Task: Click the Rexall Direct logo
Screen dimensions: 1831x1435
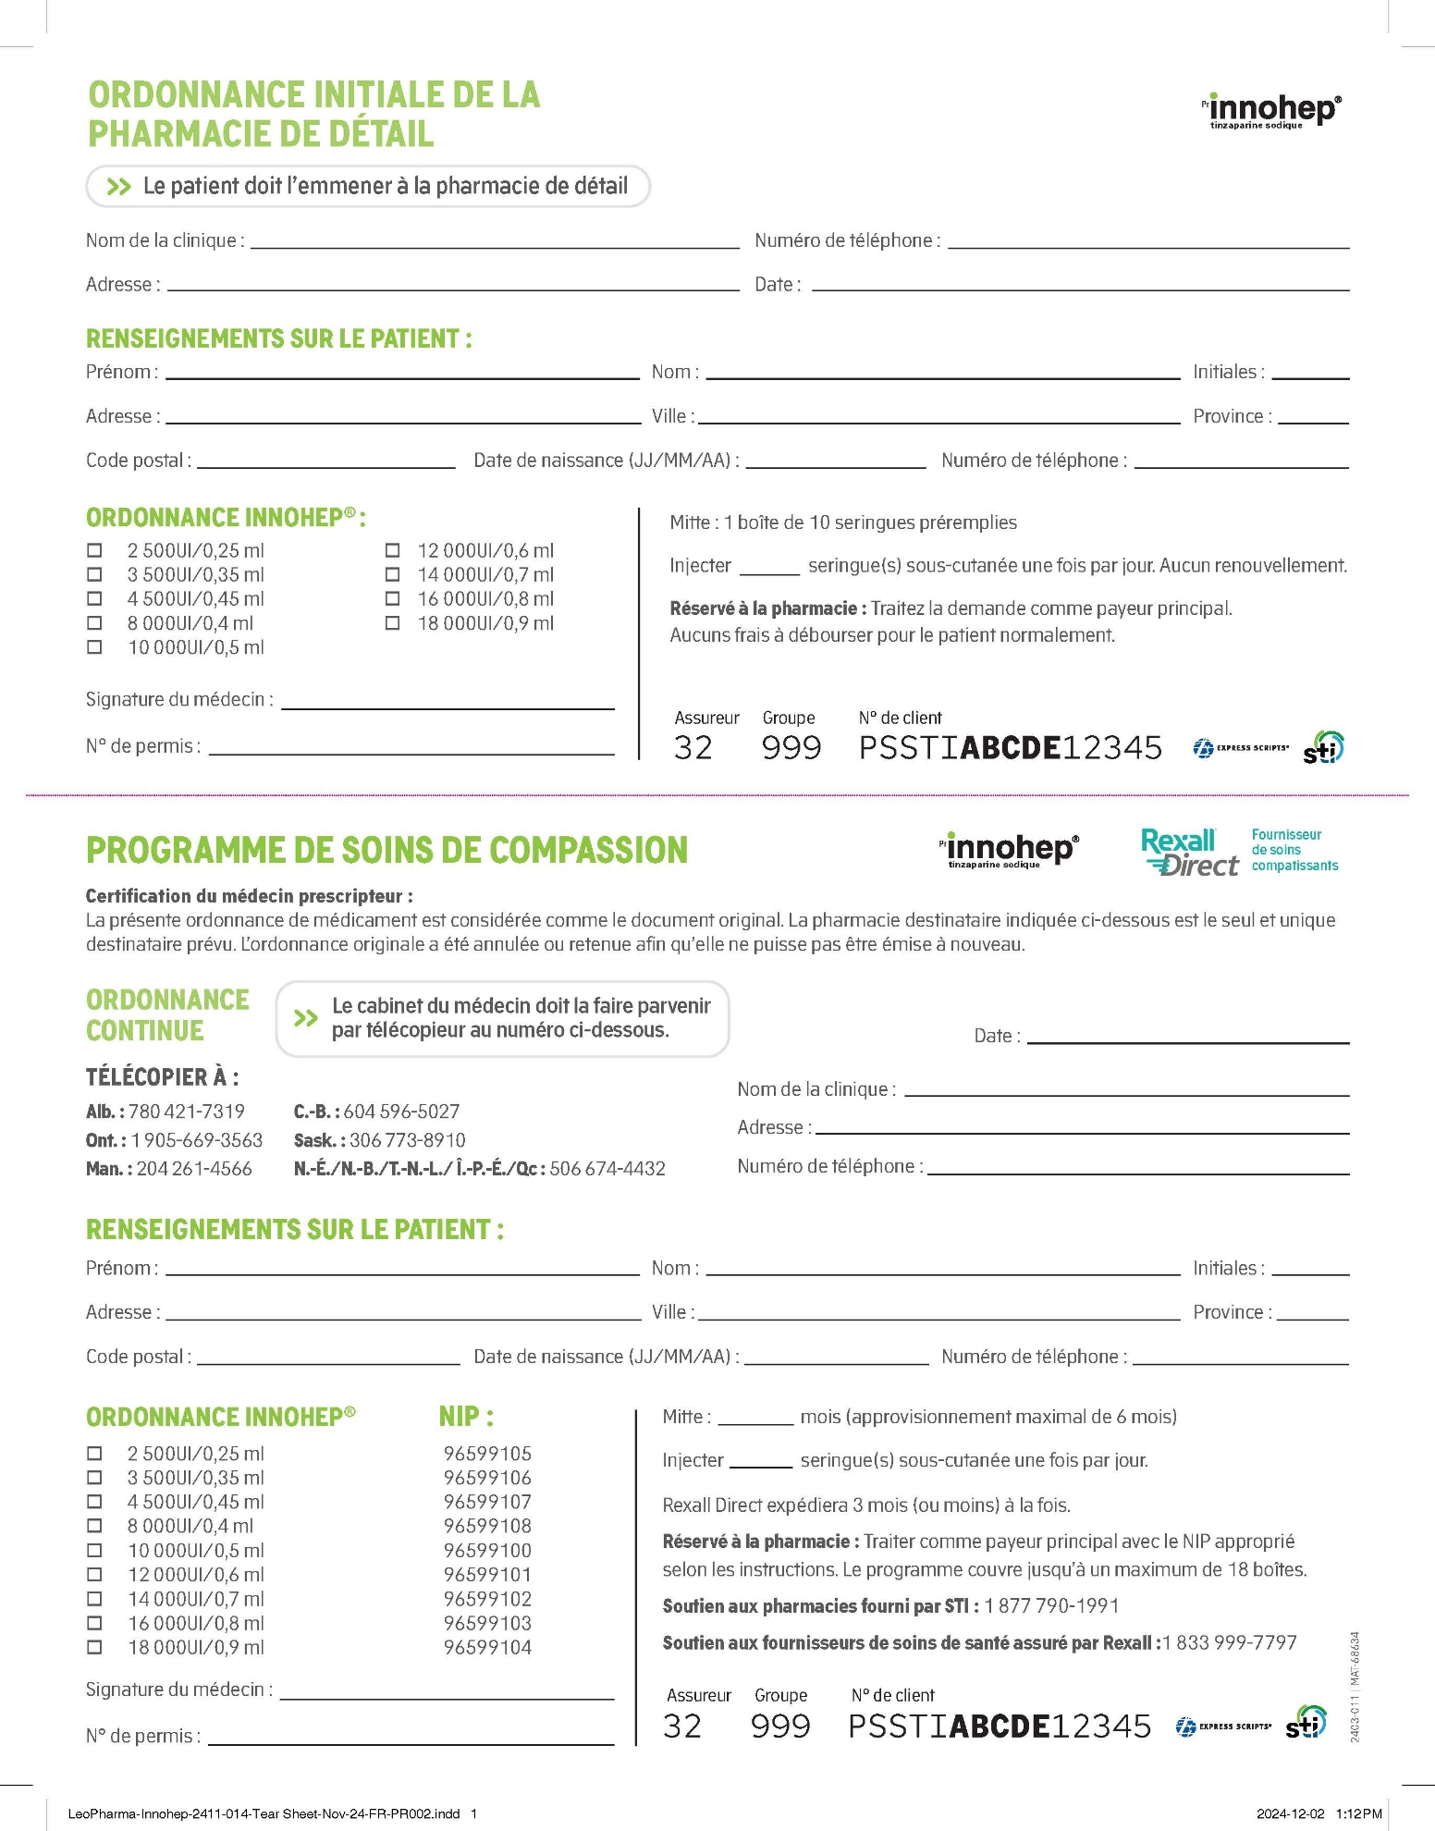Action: tap(1189, 852)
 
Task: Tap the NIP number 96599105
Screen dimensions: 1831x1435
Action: tap(487, 1453)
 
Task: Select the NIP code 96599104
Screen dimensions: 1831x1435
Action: tap(487, 1647)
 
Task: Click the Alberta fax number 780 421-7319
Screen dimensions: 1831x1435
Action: tap(186, 1112)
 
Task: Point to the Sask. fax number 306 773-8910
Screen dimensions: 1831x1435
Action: tap(407, 1140)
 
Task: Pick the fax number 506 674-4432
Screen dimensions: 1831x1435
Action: tap(607, 1169)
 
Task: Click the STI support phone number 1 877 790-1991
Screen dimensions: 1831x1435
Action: tap(1051, 1606)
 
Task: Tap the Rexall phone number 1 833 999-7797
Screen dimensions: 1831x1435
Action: tap(1230, 1643)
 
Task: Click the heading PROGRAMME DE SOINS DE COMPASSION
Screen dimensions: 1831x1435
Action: tap(386, 851)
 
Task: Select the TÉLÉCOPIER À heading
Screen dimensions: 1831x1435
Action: tap(162, 1077)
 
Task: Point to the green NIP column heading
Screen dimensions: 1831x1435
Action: tap(466, 1416)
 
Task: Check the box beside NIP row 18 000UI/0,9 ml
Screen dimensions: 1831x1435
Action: tap(94, 1647)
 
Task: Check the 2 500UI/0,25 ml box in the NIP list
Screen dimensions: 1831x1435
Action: tap(94, 1453)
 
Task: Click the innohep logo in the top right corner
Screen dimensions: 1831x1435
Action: tap(1273, 111)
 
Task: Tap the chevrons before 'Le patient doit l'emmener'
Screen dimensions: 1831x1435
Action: tap(118, 187)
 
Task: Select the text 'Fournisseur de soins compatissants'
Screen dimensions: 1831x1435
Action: tap(1294, 850)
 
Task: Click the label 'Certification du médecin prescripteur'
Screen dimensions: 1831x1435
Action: tap(249, 896)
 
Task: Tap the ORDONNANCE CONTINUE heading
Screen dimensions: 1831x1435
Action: tap(167, 1015)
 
